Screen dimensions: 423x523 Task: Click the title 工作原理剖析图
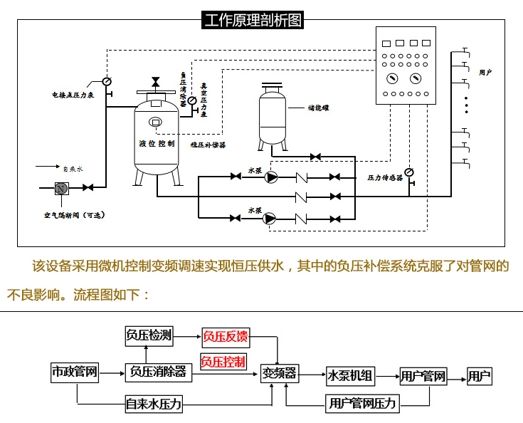(253, 20)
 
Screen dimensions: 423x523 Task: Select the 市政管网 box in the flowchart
(74, 372)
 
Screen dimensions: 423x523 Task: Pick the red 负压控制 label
(223, 362)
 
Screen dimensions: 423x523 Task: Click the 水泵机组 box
(350, 375)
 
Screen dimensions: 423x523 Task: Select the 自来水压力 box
(154, 404)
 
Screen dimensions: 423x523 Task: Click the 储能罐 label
(318, 109)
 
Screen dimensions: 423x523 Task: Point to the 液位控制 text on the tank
(157, 143)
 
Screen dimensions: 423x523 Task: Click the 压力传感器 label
(385, 177)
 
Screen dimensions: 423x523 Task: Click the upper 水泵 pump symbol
(270, 177)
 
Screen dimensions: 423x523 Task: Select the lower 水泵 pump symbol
(270, 218)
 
